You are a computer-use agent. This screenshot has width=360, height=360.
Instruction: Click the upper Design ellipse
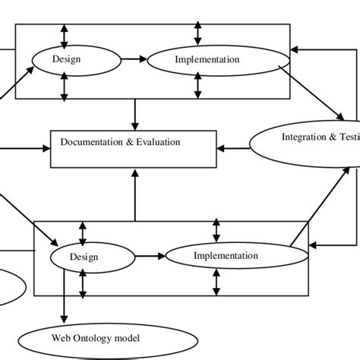point(65,58)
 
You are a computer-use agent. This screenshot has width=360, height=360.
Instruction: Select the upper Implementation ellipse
point(206,58)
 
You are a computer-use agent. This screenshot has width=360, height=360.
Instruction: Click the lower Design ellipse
point(84,257)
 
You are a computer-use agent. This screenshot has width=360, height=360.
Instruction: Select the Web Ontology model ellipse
point(96,336)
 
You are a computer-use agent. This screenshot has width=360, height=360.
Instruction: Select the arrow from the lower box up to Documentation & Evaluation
point(135,195)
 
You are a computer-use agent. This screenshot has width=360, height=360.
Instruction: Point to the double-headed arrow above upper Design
point(64,36)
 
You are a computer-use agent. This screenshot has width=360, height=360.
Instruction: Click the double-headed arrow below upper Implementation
point(198,86)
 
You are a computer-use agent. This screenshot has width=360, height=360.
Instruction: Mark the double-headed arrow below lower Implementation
point(217,282)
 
